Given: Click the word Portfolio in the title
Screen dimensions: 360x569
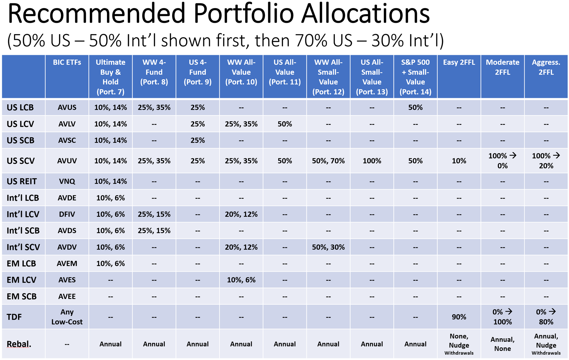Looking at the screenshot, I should click(244, 14).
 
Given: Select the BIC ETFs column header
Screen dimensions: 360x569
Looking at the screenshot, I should click(67, 63).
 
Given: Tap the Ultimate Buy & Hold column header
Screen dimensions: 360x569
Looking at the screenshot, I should click(111, 77).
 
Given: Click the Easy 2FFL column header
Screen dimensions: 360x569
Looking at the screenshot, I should click(459, 63).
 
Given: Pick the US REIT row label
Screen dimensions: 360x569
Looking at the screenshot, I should click(22, 181).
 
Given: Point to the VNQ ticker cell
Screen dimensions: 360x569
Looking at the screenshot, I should click(67, 181).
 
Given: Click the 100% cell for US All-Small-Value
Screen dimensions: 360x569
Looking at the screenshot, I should click(372, 161).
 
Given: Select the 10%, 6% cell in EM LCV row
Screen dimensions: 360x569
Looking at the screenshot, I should click(241, 280).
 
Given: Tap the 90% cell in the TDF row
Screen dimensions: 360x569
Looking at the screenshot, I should click(459, 317).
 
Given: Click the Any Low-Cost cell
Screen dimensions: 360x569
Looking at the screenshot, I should click(67, 317).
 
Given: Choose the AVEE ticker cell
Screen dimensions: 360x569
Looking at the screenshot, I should click(67, 297).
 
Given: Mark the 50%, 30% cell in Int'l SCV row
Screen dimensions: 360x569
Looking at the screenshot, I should click(328, 247).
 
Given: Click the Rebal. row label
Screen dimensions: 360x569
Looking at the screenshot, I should click(19, 344).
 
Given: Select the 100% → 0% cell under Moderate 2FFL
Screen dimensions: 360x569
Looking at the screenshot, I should click(502, 161).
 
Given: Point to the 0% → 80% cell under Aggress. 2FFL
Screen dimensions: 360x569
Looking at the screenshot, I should click(546, 317).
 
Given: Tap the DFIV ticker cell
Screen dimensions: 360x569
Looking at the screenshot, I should click(67, 214).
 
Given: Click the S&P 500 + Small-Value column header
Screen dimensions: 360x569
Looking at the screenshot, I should click(415, 77).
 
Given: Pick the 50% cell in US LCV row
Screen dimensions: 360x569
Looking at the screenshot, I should click(284, 124).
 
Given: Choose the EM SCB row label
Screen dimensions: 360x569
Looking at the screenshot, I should click(22, 297).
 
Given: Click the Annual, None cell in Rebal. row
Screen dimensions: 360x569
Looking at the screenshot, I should click(502, 344).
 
